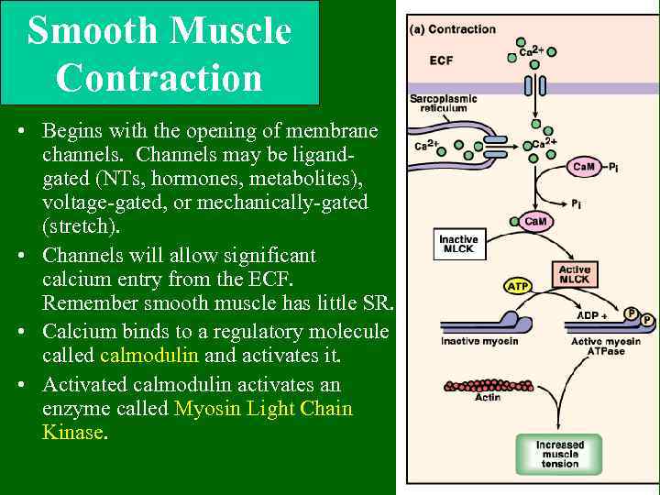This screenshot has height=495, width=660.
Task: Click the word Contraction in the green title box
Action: [159, 77]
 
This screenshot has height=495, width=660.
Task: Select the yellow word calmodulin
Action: [149, 356]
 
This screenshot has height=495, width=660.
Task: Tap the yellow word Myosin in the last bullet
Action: [210, 408]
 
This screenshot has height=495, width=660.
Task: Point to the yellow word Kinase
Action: [73, 432]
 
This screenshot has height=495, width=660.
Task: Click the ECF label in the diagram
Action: [441, 60]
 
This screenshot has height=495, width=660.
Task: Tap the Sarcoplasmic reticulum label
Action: [444, 104]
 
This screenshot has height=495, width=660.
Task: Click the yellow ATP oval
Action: [518, 287]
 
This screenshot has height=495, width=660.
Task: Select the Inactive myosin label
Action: [479, 342]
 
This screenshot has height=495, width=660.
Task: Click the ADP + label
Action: [593, 315]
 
